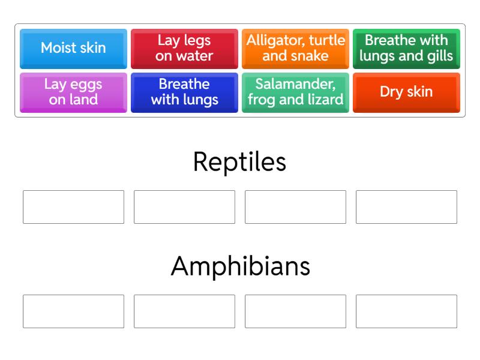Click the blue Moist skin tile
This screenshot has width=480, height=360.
[73, 49]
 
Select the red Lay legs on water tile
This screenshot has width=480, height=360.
[184, 49]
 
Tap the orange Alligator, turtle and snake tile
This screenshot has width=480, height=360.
[295, 49]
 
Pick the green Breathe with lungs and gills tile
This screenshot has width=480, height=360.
[406, 49]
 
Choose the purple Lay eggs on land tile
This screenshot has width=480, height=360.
[73, 92]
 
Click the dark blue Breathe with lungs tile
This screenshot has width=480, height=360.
[184, 92]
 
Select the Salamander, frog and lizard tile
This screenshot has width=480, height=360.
[295, 92]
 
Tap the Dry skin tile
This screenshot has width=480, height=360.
[406, 92]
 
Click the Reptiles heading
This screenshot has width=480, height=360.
[239, 162]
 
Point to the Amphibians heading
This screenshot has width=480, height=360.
[241, 266]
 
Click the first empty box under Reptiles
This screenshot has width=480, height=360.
[73, 207]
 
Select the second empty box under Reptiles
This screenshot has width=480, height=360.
[184, 207]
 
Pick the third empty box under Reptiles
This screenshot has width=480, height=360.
[295, 207]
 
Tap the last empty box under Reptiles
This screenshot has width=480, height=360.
[406, 207]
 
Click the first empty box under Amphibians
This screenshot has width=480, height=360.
[73, 311]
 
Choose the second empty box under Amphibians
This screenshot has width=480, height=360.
[184, 311]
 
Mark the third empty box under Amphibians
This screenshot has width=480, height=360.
[295, 311]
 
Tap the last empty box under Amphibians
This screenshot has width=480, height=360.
[406, 311]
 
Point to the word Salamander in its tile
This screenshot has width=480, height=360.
[295, 84]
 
